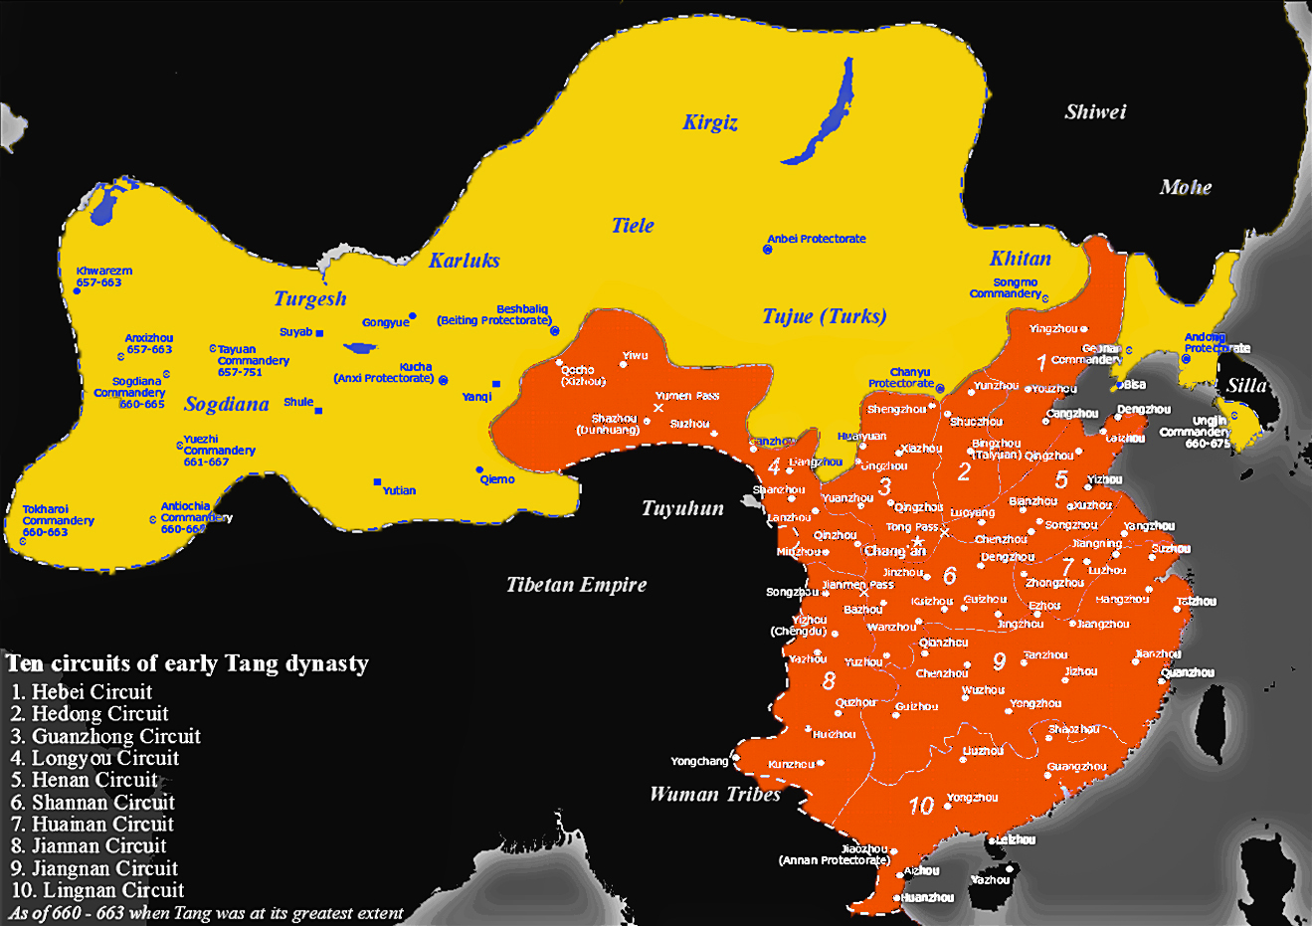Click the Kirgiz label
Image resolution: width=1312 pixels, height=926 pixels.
pyautogui.click(x=710, y=122)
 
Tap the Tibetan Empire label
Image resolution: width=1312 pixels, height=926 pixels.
pyautogui.click(x=576, y=585)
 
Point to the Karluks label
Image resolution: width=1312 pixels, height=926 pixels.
pyautogui.click(x=464, y=261)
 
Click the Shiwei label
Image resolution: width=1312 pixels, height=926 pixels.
pyautogui.click(x=1095, y=111)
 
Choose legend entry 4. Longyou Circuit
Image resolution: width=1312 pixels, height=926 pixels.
pyautogui.click(x=95, y=758)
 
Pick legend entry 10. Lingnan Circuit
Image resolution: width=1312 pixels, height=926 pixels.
pyautogui.click(x=97, y=890)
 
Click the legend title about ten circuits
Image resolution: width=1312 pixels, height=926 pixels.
pyautogui.click(x=187, y=663)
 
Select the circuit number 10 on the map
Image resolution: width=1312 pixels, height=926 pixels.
pyautogui.click(x=921, y=806)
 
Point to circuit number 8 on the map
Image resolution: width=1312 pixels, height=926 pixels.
pyautogui.click(x=829, y=681)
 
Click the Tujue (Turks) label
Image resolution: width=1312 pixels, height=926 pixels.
pyautogui.click(x=824, y=316)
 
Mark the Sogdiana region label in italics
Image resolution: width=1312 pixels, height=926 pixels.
pyautogui.click(x=227, y=404)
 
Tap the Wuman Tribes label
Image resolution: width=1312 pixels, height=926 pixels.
pyautogui.click(x=714, y=794)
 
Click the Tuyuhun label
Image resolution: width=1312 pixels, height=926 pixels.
pyautogui.click(x=682, y=508)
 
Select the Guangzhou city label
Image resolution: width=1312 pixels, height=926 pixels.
pyautogui.click(x=1076, y=767)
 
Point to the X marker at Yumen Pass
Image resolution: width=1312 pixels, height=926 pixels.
pyautogui.click(x=658, y=408)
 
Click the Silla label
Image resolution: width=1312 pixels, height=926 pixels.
pyautogui.click(x=1246, y=386)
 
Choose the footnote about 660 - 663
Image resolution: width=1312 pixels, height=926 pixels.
pyautogui.click(x=207, y=913)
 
